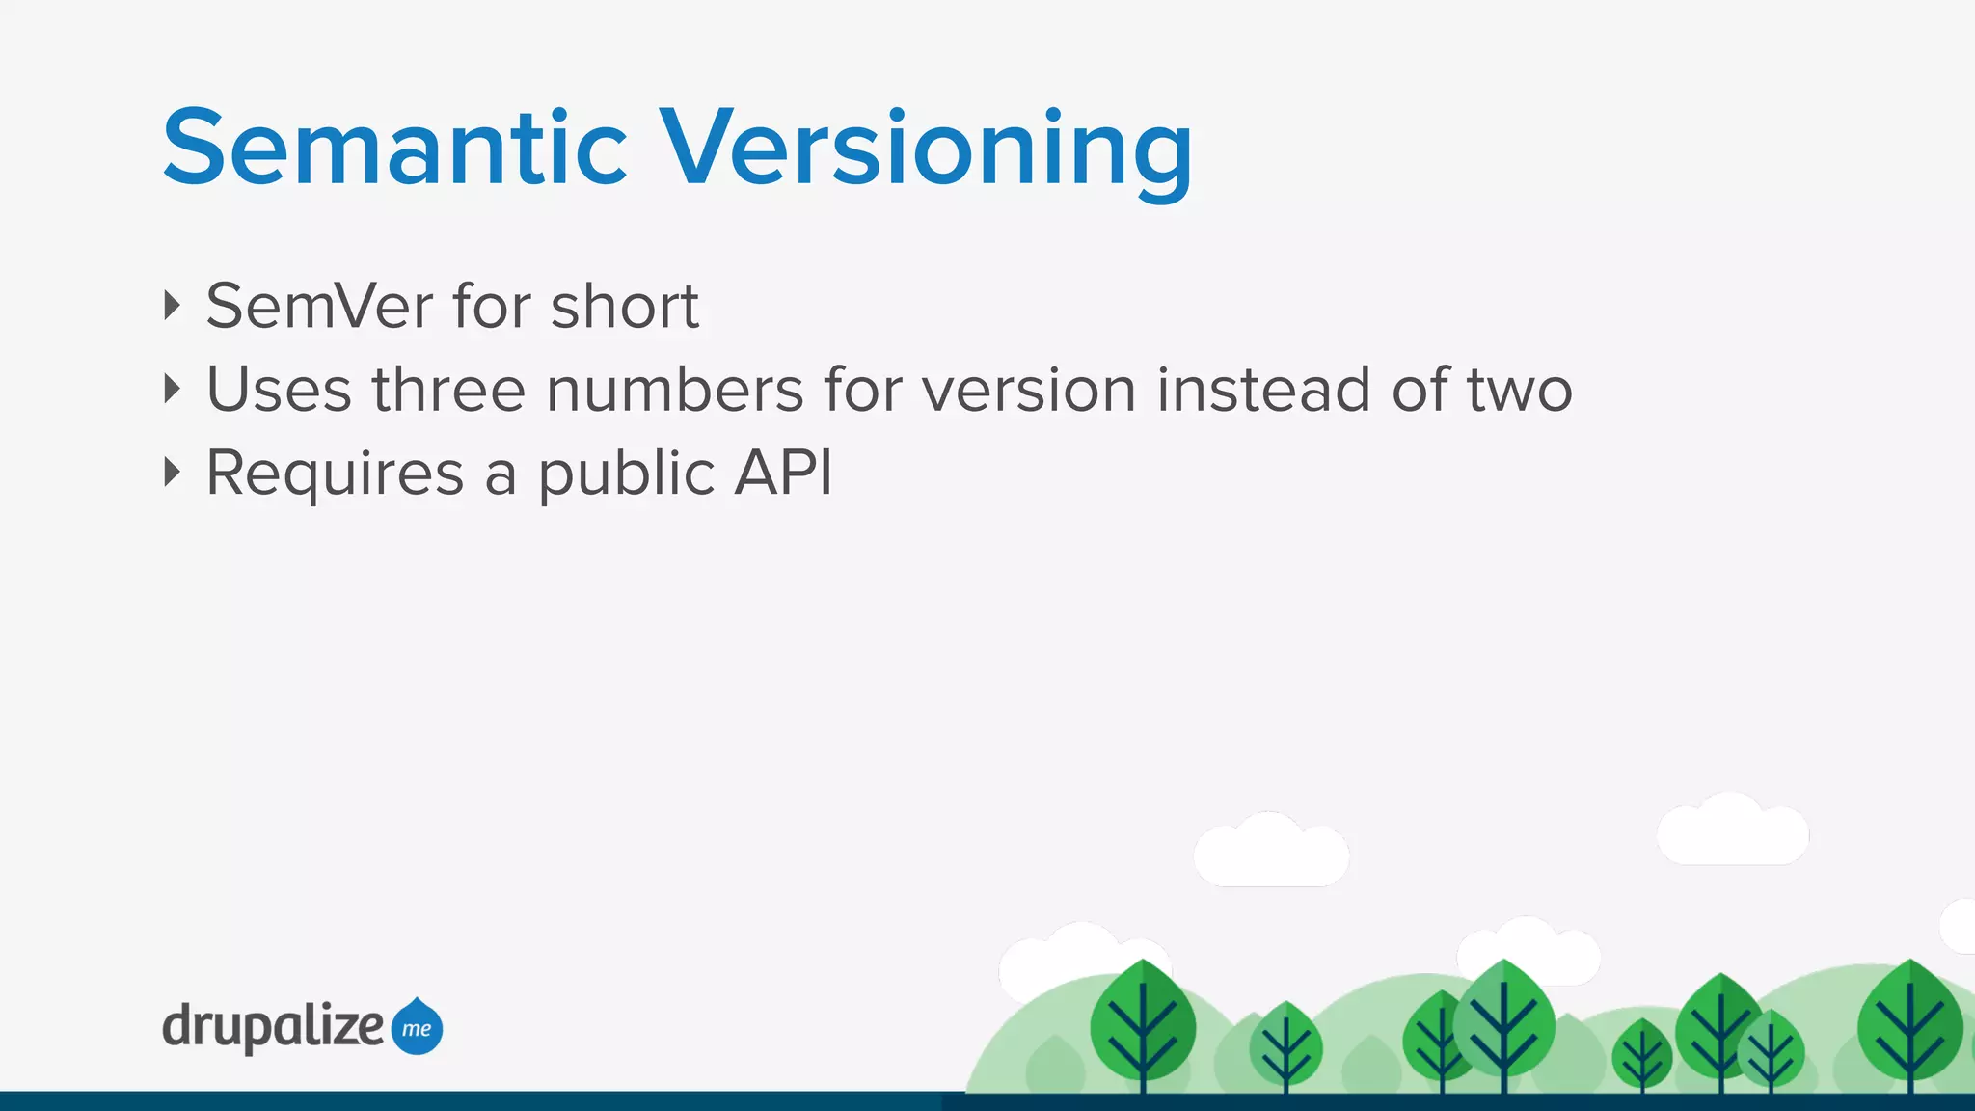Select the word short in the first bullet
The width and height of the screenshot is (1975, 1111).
[x=624, y=307]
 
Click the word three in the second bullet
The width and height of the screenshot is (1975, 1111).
[x=449, y=390]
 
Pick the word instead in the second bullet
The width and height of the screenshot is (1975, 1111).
[x=1263, y=390]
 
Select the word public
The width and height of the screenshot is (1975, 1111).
[x=626, y=474]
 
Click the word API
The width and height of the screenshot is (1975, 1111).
[x=783, y=473]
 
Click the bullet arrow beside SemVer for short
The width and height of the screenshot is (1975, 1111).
[x=173, y=306]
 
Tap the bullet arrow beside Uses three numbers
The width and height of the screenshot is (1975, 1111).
[x=173, y=389]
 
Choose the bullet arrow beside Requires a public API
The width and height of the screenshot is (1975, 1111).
[x=173, y=472]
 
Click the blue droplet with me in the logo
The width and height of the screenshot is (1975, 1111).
[x=417, y=1027]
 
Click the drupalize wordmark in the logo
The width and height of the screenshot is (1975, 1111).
[x=273, y=1027]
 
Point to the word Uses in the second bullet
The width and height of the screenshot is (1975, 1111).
[x=280, y=390]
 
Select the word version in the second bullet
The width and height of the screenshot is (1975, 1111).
[x=1029, y=390]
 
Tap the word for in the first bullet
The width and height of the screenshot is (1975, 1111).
[x=492, y=307]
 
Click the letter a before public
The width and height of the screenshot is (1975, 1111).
[x=501, y=474]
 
